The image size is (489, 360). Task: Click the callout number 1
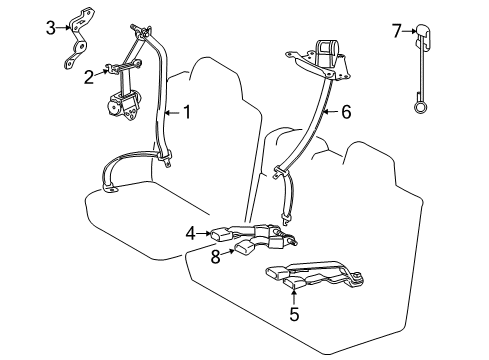[185, 113]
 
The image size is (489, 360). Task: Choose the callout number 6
[346, 113]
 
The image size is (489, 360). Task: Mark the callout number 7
[396, 31]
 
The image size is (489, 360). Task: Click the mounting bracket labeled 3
[74, 35]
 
